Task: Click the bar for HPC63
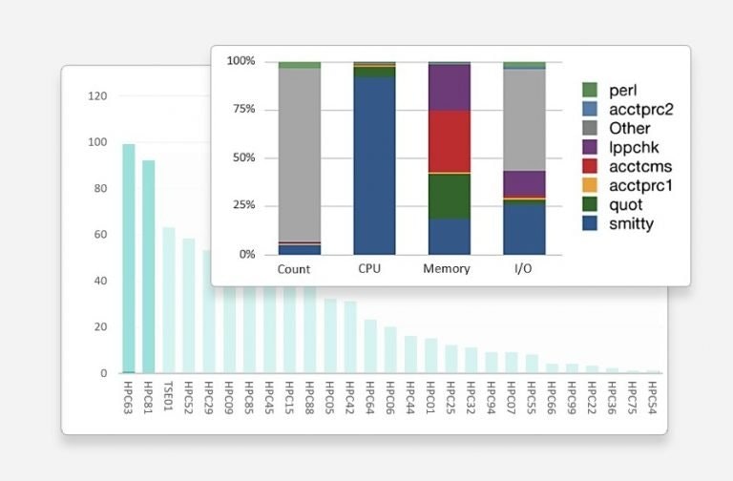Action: pos(128,258)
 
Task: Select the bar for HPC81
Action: pos(148,266)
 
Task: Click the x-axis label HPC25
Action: pos(450,396)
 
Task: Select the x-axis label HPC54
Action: pos(653,396)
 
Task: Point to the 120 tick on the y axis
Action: pos(97,96)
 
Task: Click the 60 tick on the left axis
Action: pos(100,235)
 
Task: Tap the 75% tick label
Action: pos(241,110)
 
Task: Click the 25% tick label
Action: pos(241,206)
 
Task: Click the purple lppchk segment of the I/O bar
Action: pos(524,183)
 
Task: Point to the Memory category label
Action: pos(446,269)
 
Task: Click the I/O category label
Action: pos(524,269)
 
